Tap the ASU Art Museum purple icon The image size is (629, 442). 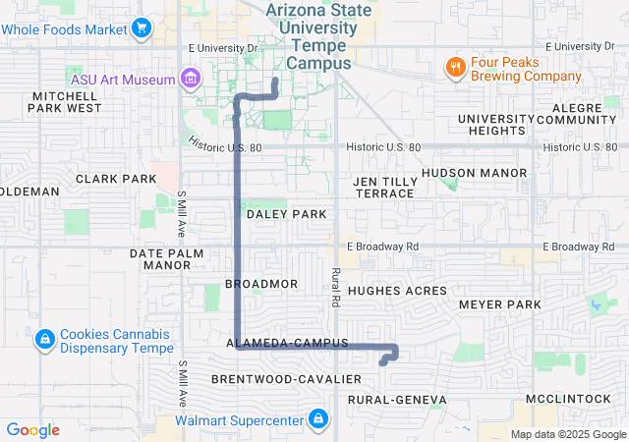click(191, 79)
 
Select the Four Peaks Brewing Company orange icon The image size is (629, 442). click(455, 67)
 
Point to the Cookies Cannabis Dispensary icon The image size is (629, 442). click(44, 340)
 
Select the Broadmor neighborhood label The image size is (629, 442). click(261, 283)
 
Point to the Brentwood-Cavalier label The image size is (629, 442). click(274, 378)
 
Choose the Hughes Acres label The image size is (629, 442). click(397, 291)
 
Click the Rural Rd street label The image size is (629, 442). click(336, 286)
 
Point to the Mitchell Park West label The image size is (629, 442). click(67, 102)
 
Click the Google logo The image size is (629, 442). click(32, 429)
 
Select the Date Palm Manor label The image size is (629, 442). click(173, 258)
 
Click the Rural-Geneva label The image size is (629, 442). click(397, 400)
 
